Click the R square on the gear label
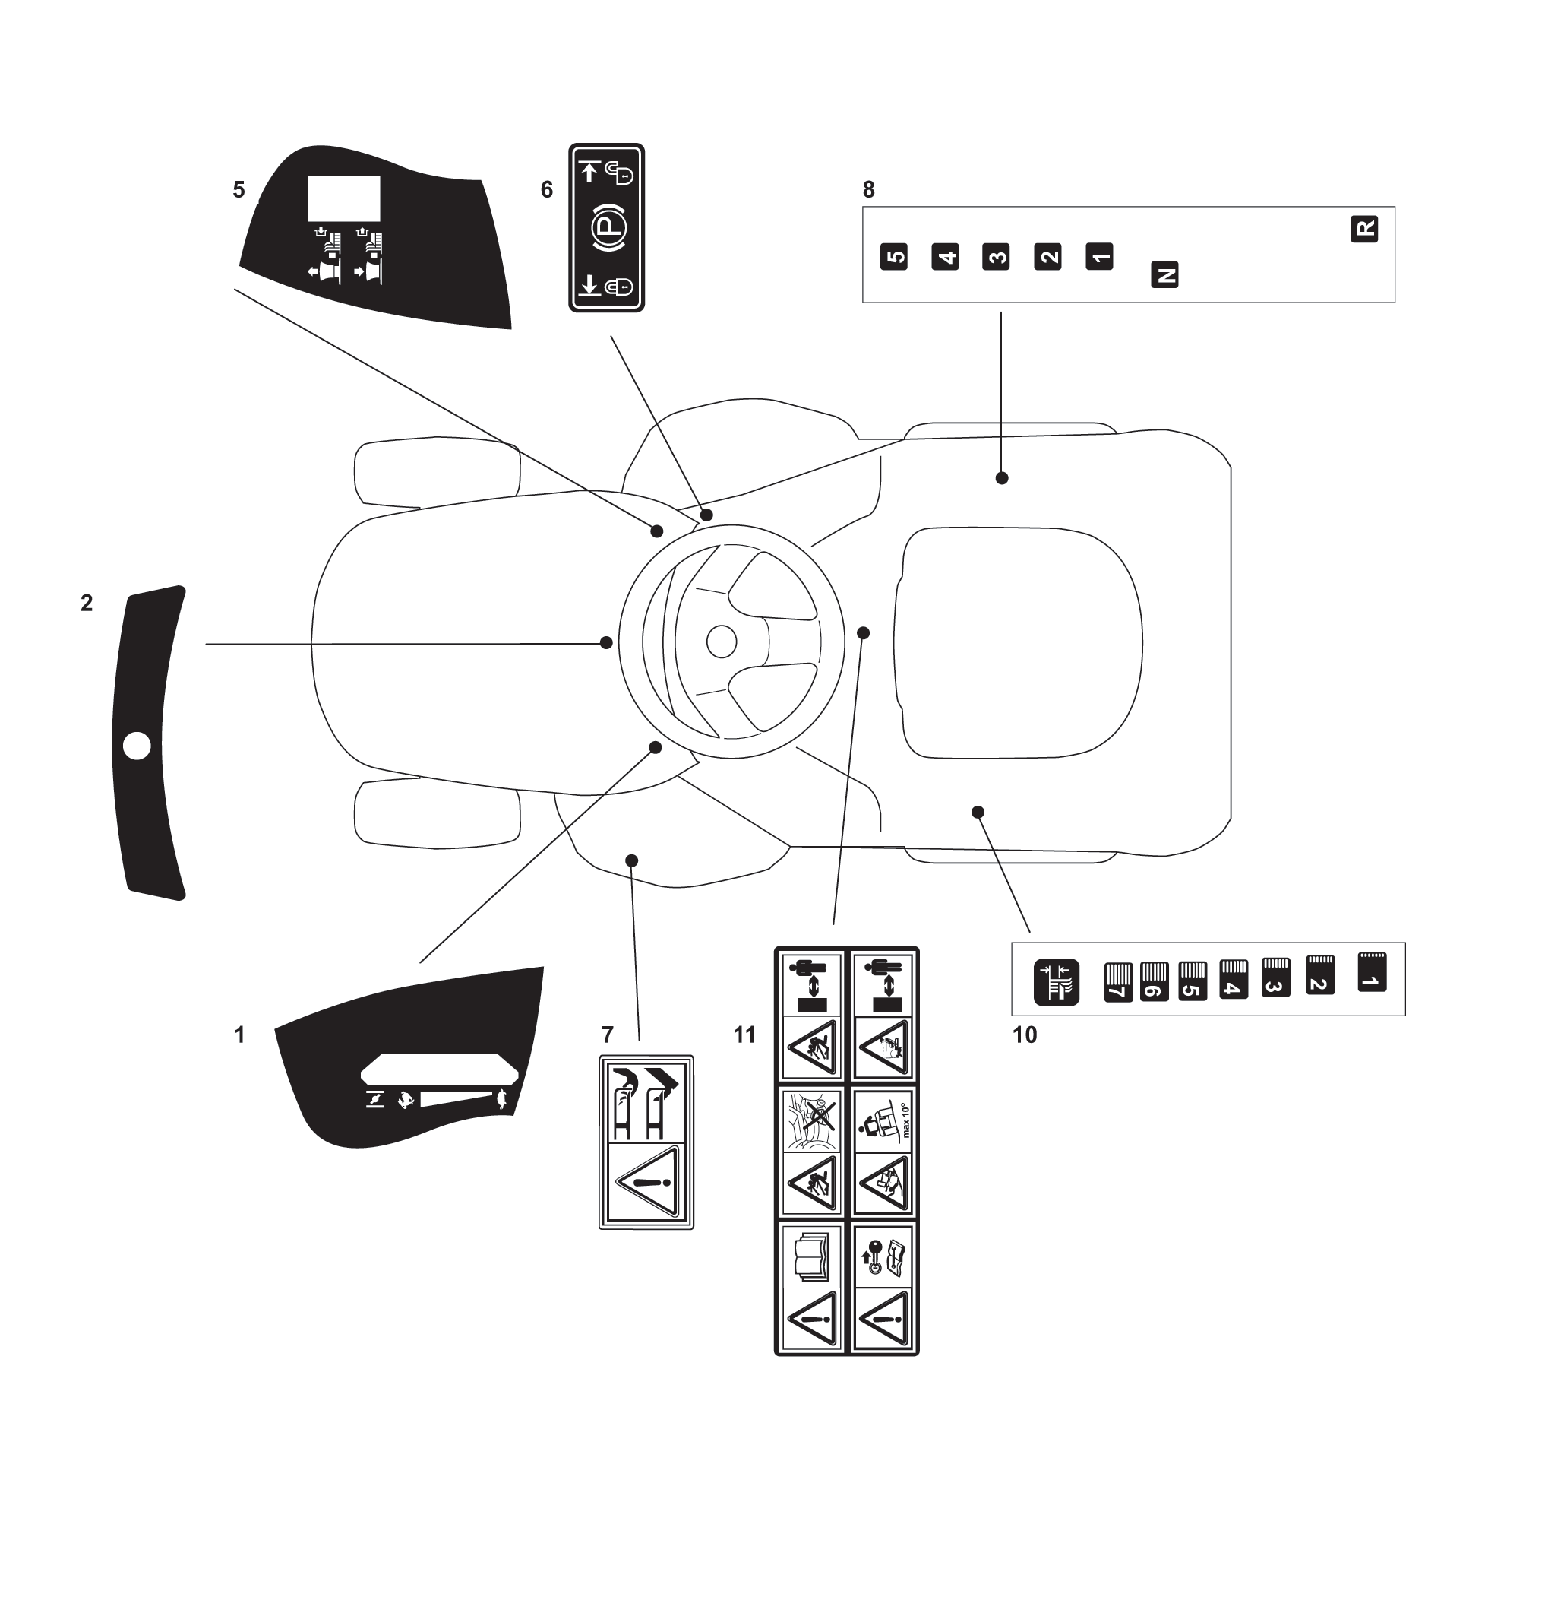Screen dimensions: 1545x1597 [1364, 229]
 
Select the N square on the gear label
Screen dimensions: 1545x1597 [1164, 274]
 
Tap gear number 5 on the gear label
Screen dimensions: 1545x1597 [894, 257]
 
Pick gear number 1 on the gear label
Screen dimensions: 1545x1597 [1099, 257]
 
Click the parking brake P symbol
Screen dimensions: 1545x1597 [607, 228]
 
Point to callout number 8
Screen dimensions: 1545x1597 [868, 190]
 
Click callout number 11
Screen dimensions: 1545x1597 [744, 1035]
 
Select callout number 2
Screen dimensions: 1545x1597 [87, 603]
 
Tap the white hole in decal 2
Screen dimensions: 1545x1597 [137, 746]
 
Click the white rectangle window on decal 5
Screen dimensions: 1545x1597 [343, 198]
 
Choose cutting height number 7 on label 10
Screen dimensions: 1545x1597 [1118, 983]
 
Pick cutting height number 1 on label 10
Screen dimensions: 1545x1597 [1373, 971]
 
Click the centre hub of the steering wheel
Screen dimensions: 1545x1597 [722, 642]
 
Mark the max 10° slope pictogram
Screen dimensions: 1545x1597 [883, 1120]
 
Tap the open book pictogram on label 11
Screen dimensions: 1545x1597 [811, 1256]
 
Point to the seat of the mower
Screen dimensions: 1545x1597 [1018, 643]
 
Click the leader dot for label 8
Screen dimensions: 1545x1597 [1002, 478]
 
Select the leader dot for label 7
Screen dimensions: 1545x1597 [631, 860]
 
